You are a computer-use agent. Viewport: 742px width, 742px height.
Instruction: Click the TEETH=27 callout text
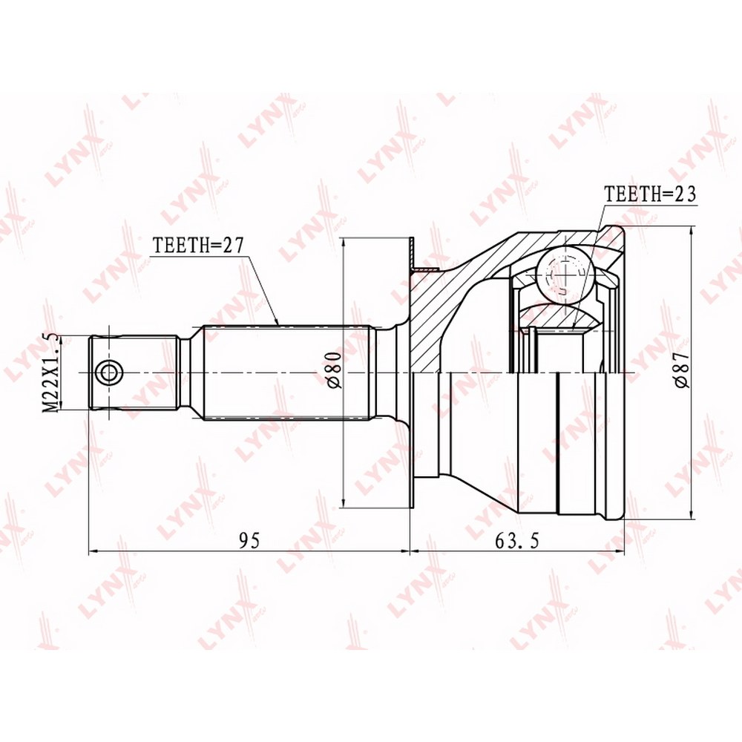pyautogui.click(x=198, y=246)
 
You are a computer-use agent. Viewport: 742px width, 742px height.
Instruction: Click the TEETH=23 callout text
pyautogui.click(x=651, y=194)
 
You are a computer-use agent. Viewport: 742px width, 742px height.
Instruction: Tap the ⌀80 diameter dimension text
pyautogui.click(x=334, y=372)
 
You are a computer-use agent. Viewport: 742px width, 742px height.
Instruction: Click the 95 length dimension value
pyautogui.click(x=249, y=540)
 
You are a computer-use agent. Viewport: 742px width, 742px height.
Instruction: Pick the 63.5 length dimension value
pyautogui.click(x=517, y=540)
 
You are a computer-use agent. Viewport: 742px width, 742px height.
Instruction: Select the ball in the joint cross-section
pyautogui.click(x=565, y=274)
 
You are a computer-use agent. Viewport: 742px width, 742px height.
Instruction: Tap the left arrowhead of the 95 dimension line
pyautogui.click(x=93, y=551)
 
